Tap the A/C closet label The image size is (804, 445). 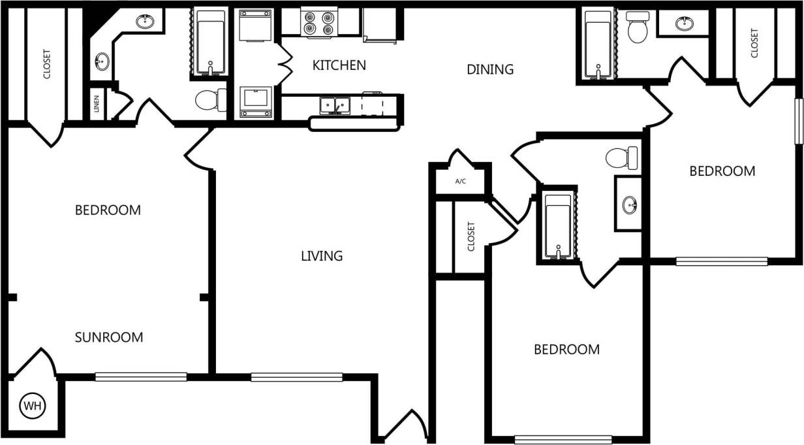(460, 181)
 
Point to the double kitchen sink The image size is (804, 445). (335, 105)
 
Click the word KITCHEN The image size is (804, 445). (339, 65)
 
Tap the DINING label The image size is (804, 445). (490, 69)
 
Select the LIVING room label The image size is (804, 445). (322, 256)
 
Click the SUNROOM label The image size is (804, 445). (108, 338)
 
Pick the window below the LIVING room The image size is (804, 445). (296, 377)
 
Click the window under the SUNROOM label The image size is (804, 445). (141, 377)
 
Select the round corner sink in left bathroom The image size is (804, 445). (102, 63)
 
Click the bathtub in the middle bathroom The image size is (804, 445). (558, 225)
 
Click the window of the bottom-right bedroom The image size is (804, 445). (563, 440)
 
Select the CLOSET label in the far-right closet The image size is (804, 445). (755, 43)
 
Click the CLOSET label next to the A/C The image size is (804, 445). (471, 237)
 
